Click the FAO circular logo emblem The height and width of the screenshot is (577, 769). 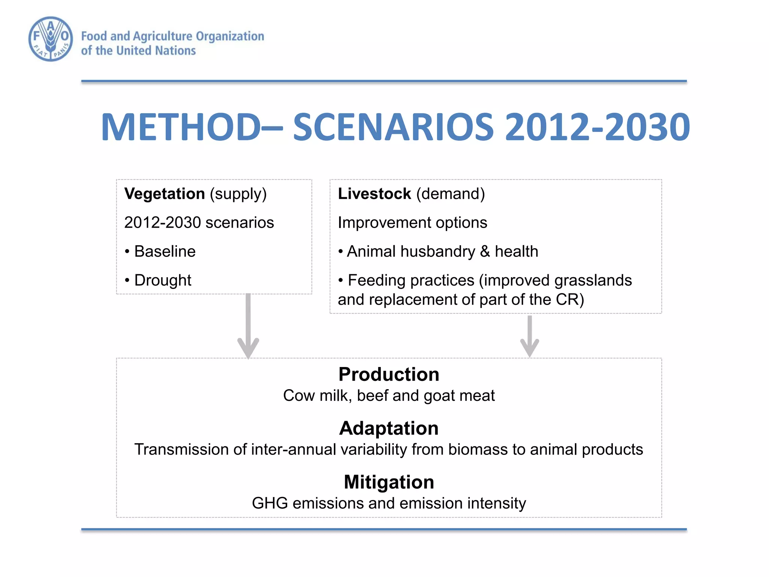tap(51, 39)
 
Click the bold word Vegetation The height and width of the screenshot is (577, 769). tap(164, 194)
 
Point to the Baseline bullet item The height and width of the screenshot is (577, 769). tap(164, 251)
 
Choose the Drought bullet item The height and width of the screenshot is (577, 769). tap(162, 280)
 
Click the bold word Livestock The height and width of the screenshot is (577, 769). tap(374, 194)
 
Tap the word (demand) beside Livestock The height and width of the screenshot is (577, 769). tap(450, 194)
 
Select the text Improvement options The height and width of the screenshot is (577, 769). tap(412, 223)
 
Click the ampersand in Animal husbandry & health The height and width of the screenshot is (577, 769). tap(484, 252)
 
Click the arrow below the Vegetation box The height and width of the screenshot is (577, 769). tap(248, 327)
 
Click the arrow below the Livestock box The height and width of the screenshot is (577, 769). tap(529, 336)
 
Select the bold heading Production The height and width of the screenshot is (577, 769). tap(389, 375)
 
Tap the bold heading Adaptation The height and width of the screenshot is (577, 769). tap(389, 428)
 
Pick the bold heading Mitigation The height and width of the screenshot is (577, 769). tap(389, 482)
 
